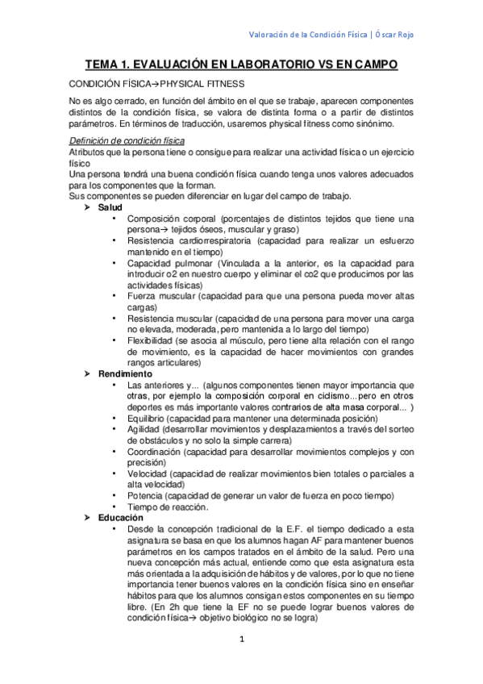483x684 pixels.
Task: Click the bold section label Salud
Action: [110, 207]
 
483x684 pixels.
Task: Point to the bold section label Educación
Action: [121, 517]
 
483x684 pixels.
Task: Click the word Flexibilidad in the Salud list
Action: [152, 341]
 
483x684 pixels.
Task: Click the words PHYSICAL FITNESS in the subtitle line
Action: [205, 83]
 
